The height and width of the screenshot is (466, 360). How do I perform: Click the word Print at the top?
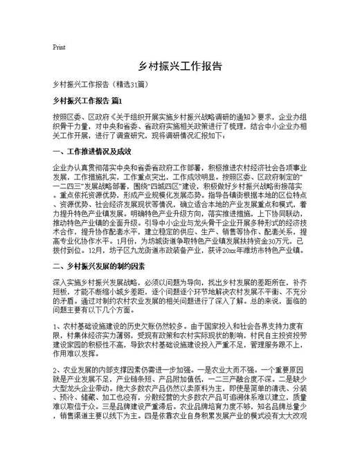click(59, 48)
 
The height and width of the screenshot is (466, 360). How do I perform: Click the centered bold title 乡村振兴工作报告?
click(180, 67)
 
